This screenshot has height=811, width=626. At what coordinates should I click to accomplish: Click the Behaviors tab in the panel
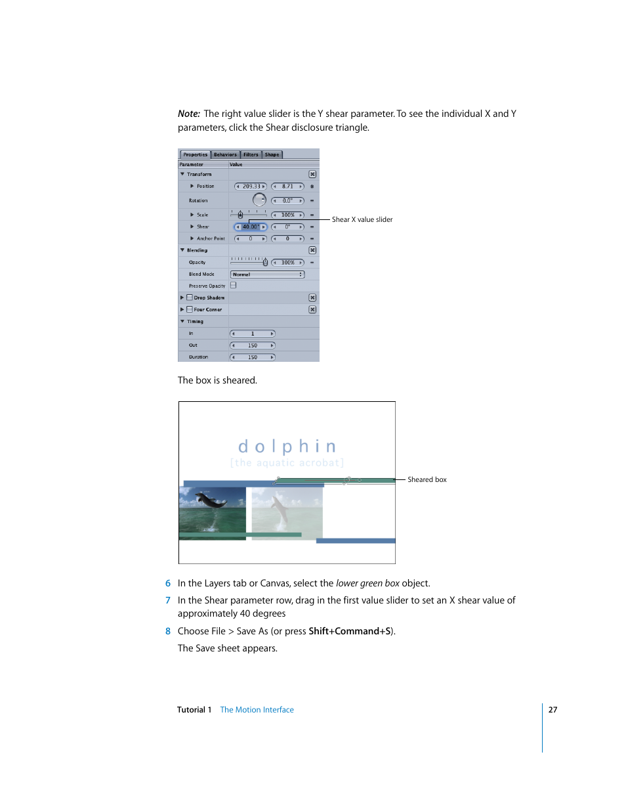(225, 155)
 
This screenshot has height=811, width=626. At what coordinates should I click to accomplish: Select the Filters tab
(251, 155)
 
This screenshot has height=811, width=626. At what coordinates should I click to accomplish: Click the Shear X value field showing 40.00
(250, 227)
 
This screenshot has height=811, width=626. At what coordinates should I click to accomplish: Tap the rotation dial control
(259, 200)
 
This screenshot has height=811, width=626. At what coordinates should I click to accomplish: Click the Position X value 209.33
(251, 186)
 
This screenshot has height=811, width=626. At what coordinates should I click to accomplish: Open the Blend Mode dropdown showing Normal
(267, 274)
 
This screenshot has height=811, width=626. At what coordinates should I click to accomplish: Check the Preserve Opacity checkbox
(234, 286)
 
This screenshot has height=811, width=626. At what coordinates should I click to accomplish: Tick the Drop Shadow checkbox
(190, 297)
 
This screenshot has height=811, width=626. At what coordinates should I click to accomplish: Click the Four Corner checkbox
(190, 309)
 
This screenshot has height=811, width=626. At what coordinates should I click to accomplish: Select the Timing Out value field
(253, 345)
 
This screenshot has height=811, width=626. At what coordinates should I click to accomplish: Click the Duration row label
(198, 357)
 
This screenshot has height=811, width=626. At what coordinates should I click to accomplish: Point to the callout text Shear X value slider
(362, 220)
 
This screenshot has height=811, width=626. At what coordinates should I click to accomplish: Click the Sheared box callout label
(427, 480)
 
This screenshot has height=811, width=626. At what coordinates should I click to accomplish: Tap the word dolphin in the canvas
(287, 447)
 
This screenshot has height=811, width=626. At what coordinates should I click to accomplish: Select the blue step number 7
(168, 600)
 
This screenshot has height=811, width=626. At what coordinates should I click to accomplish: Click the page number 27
(553, 710)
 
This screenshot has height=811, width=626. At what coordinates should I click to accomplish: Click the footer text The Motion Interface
(257, 710)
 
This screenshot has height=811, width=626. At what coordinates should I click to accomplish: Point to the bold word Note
(188, 114)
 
